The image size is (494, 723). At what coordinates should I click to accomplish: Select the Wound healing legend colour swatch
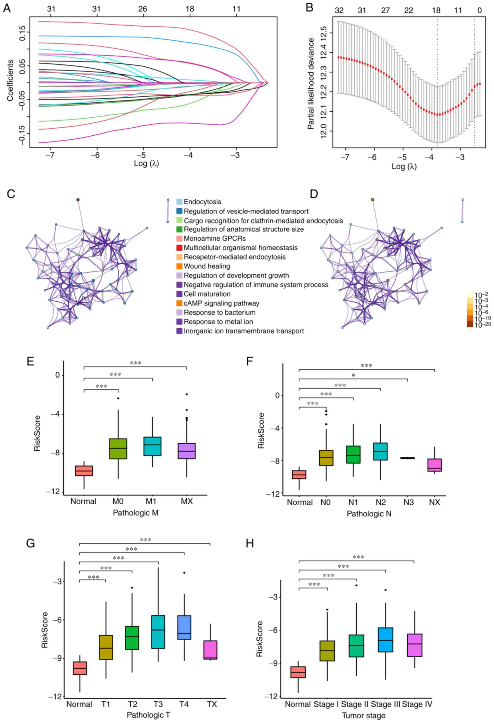click(179, 266)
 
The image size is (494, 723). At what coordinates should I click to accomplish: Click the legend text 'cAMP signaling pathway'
click(221, 303)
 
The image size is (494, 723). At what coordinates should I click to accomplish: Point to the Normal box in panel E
click(84, 470)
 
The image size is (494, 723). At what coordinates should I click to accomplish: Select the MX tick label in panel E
click(187, 502)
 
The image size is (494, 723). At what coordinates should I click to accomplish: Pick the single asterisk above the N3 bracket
click(353, 376)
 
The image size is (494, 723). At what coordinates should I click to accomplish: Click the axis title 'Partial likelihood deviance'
click(311, 84)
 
